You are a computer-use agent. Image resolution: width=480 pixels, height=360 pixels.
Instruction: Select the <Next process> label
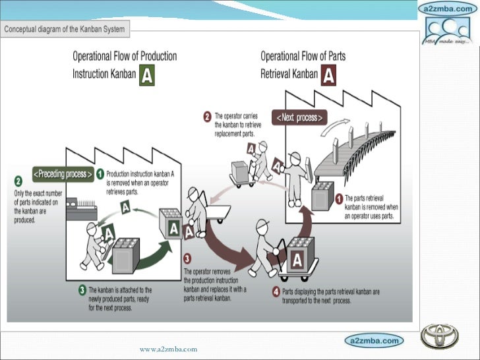300,118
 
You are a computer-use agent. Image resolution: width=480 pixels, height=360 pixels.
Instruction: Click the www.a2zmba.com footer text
168,348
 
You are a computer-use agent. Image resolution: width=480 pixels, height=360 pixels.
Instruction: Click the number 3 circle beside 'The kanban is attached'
82,289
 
